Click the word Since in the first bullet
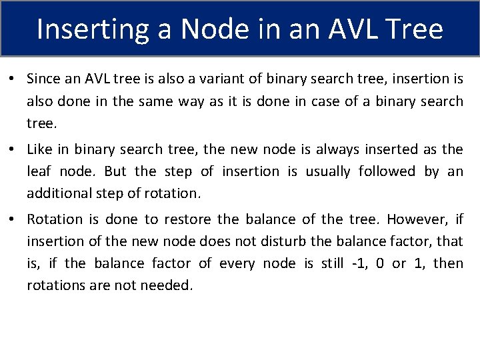(x=43, y=79)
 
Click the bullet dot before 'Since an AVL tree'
(x=13, y=79)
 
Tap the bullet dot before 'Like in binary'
(x=13, y=149)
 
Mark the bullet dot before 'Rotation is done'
(x=13, y=219)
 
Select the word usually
(x=327, y=171)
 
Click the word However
(x=414, y=219)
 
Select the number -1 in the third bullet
(x=356, y=263)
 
